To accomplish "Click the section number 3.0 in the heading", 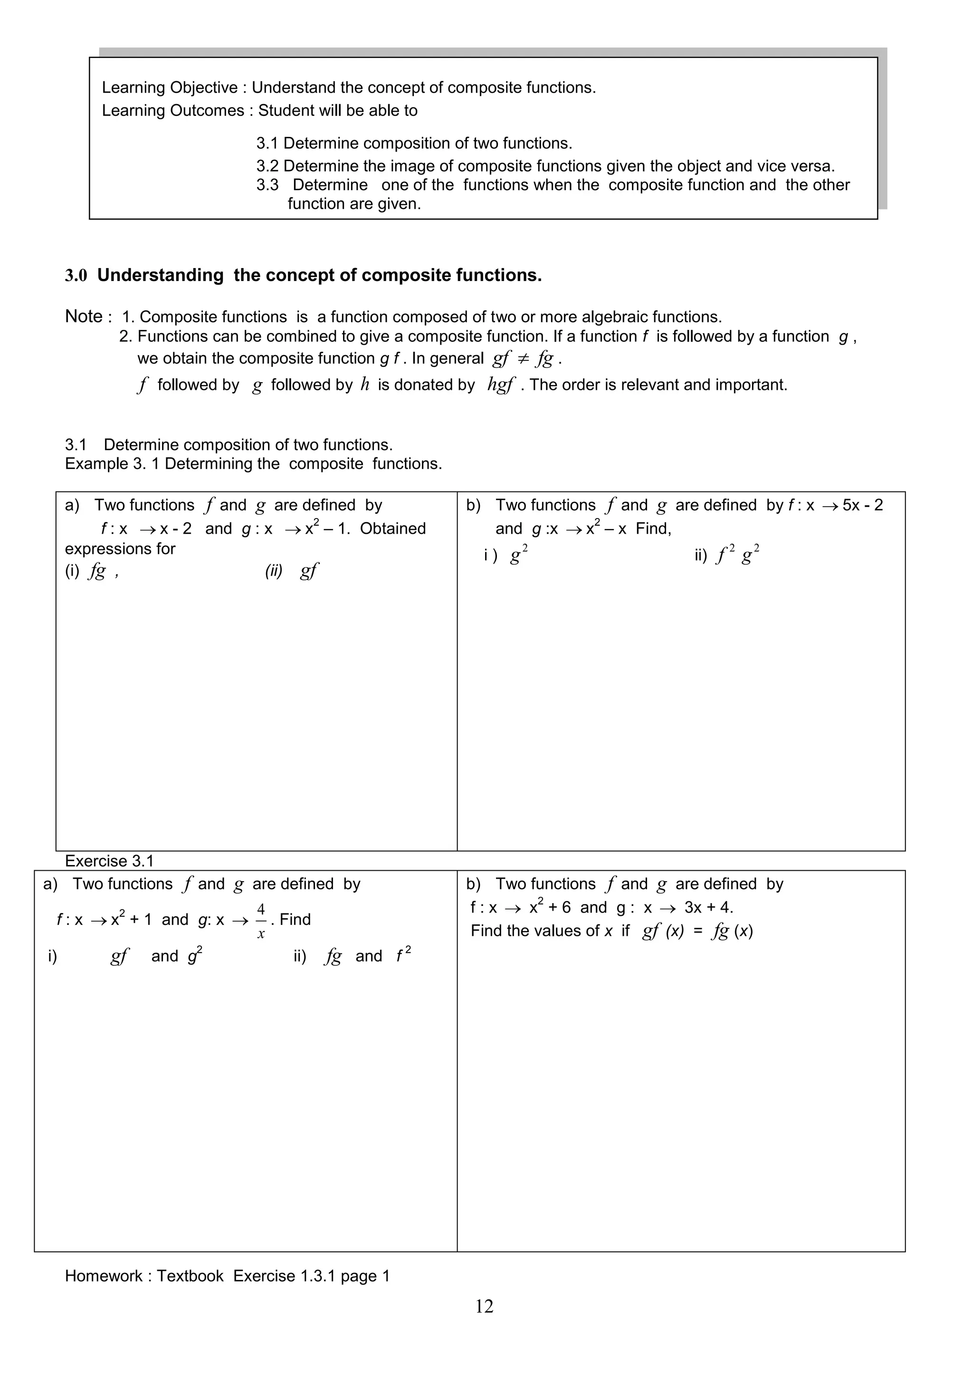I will click(x=76, y=276).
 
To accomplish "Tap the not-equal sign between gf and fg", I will click(x=523, y=358).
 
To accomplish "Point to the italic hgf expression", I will click(x=501, y=385).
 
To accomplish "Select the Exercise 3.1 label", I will click(x=110, y=861).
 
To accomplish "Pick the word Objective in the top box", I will click(x=204, y=87).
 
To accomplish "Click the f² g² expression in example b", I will click(x=738, y=555).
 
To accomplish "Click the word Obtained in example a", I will click(x=393, y=529).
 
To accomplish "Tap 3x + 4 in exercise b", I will click(x=708, y=907).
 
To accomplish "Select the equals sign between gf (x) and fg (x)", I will click(x=697, y=931).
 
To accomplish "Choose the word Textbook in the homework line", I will click(x=190, y=1276).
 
